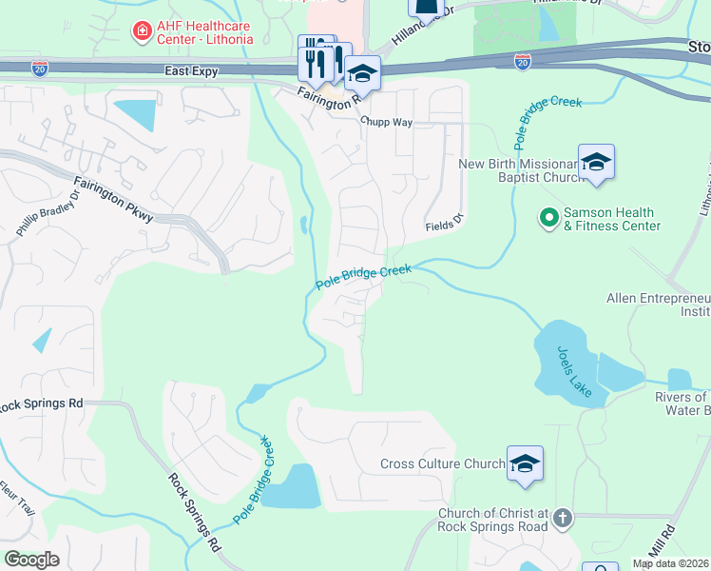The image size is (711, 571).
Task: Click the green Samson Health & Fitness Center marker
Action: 548,219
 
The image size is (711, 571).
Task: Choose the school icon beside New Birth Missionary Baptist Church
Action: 596,162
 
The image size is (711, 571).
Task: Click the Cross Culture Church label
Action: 442,464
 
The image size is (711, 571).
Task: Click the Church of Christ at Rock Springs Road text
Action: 492,521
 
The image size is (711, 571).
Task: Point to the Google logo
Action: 31,560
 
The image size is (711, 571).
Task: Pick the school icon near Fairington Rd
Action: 362,72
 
